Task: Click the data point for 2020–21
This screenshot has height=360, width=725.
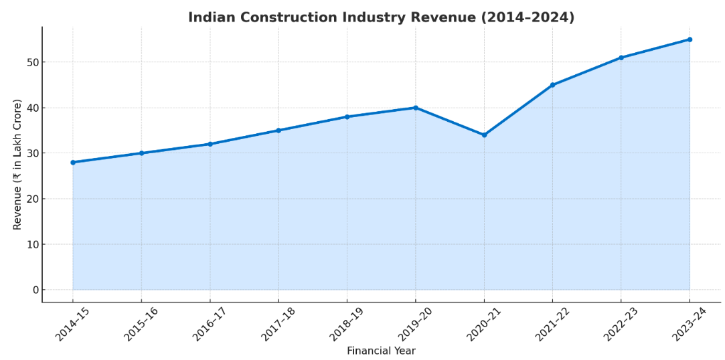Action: [484, 135]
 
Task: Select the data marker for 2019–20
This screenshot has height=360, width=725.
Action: [416, 108]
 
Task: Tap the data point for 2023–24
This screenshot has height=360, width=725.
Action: [690, 39]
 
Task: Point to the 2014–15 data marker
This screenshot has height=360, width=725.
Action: [73, 162]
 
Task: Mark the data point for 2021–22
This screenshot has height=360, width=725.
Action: [552, 85]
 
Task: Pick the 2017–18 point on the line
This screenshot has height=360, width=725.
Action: [278, 130]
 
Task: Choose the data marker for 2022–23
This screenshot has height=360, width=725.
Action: [621, 58]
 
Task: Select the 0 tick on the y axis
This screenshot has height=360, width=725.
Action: [35, 290]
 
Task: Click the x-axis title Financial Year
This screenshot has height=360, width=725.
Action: [381, 351]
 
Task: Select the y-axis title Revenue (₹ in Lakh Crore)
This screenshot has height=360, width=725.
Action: [17, 165]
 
